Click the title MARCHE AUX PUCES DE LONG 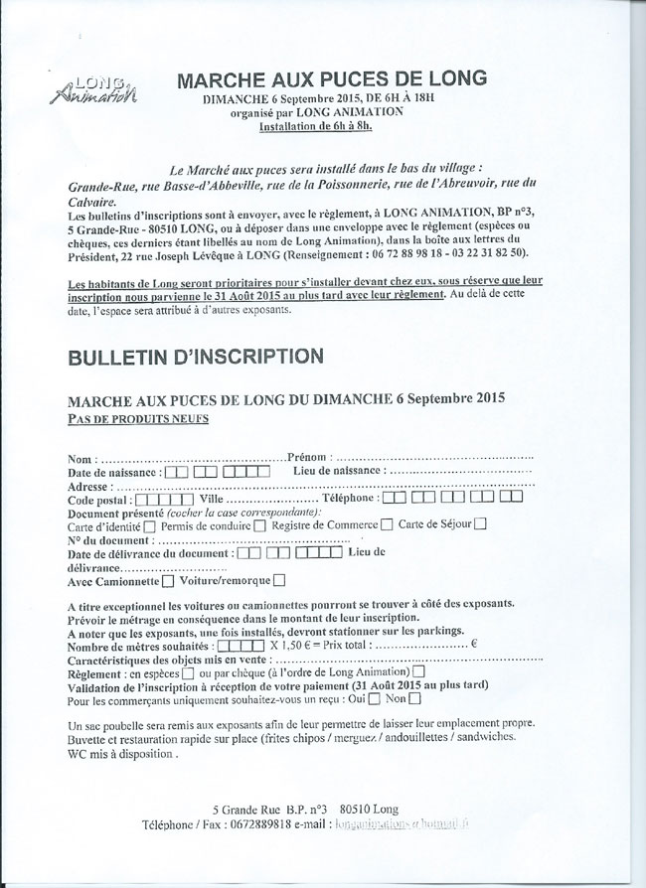point(332,78)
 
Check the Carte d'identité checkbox point(150,525)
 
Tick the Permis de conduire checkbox point(259,525)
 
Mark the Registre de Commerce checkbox point(387,525)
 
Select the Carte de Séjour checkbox point(480,525)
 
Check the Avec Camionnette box point(166,580)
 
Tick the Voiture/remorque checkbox point(279,580)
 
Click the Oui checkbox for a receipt point(374,702)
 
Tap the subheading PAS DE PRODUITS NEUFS point(138,418)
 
